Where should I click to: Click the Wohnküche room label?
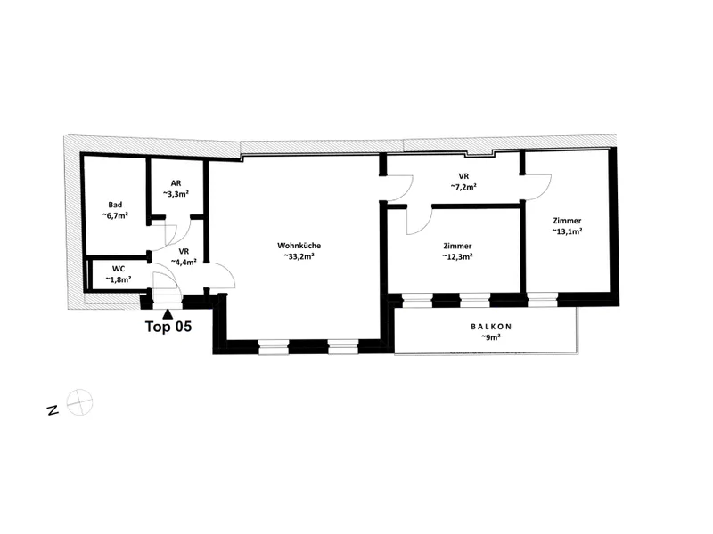pos(299,246)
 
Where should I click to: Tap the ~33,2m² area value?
pos(299,256)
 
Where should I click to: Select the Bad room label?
pos(115,205)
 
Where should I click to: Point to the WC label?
pos(119,270)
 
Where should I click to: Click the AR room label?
pos(176,183)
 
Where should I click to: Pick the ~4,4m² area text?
pos(184,262)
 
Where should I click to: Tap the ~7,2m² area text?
pos(463,187)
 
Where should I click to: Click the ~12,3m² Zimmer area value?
pos(457,256)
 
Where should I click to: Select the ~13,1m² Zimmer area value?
pos(567,231)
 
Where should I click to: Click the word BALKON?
pos(491,327)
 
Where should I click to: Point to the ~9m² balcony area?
pos(491,337)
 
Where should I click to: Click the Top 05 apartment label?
pos(168,327)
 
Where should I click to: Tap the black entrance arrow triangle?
pos(168,313)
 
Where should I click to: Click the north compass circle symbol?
pos(79,402)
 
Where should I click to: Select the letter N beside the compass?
pos(53,410)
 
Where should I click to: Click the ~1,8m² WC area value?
pos(119,279)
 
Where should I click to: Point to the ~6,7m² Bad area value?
pos(115,215)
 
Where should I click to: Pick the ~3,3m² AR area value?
pos(176,194)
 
